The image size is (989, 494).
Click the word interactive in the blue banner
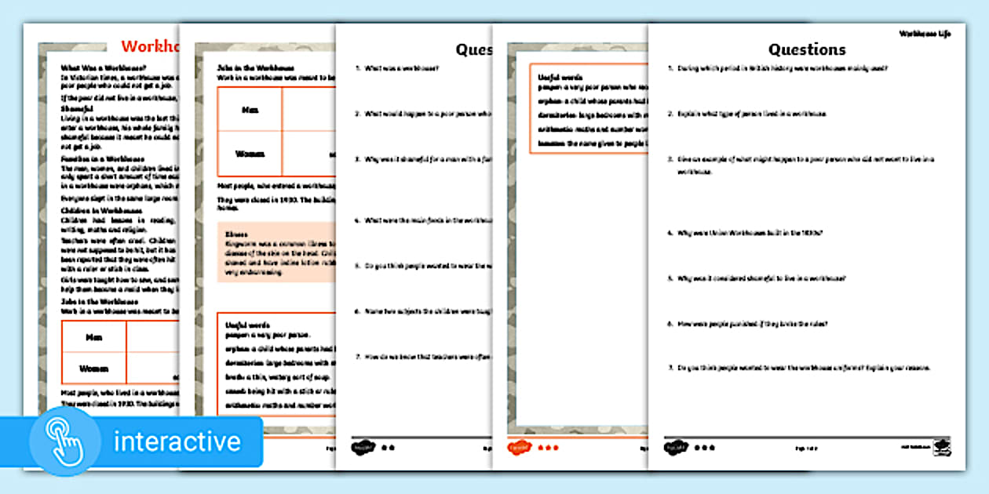pos(177,441)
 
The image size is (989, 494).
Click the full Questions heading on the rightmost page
pos(806,49)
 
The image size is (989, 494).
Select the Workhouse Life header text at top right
pos(924,35)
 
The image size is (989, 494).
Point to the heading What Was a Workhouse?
pos(103,67)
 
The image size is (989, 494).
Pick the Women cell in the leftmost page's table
pos(93,369)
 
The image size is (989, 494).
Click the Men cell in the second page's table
pos(250,110)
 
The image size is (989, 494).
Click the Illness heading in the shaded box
pos(235,234)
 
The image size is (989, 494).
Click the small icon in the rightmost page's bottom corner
pos(940,447)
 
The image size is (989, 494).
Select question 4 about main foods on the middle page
pos(424,220)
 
